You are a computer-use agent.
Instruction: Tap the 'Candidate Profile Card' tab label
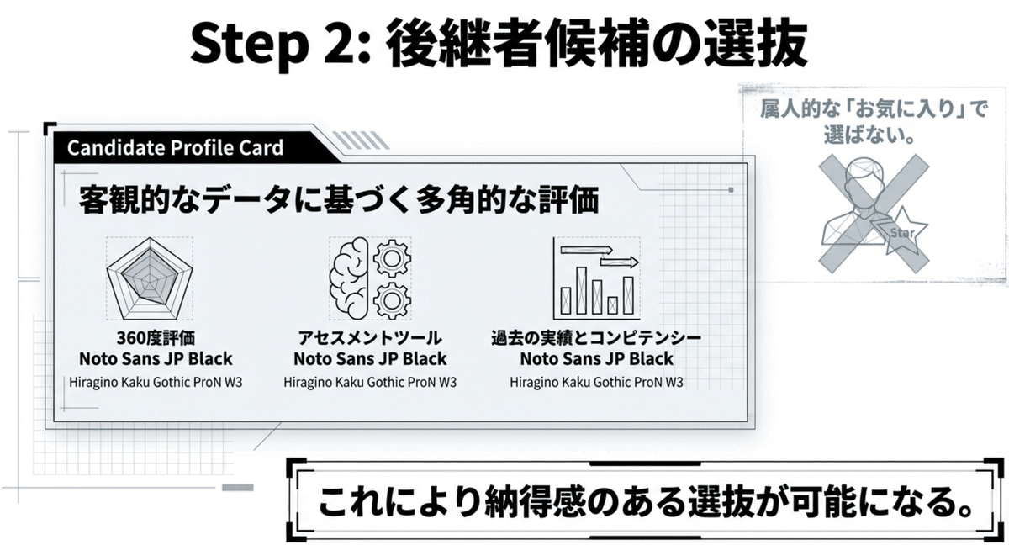click(x=175, y=148)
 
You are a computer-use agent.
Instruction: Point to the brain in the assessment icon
click(x=347, y=278)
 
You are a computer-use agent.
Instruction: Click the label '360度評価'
click(x=156, y=339)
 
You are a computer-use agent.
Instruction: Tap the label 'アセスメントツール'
click(x=370, y=339)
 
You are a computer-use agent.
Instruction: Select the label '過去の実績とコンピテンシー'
click(x=596, y=339)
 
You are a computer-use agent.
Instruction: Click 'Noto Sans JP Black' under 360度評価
click(x=156, y=359)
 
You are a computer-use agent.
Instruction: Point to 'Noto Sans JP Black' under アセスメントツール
click(x=370, y=359)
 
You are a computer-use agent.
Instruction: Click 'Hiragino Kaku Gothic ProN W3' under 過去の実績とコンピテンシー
click(x=596, y=382)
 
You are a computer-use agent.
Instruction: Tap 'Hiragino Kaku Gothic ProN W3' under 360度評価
click(x=156, y=382)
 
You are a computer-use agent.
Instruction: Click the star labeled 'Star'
click(x=901, y=228)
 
